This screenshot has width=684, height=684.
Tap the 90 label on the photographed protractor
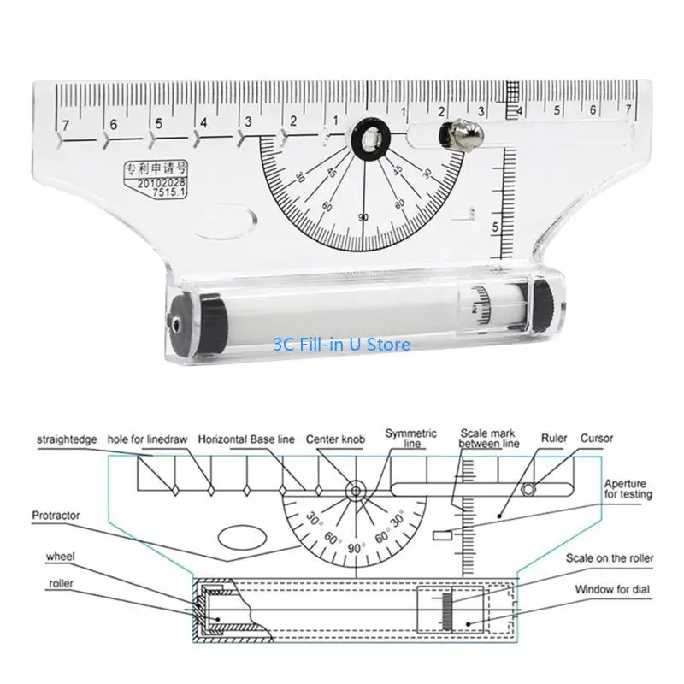click(x=364, y=217)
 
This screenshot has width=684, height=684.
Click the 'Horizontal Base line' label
click(x=246, y=439)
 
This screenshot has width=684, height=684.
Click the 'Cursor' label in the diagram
click(x=598, y=439)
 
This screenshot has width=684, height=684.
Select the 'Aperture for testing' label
click(x=628, y=488)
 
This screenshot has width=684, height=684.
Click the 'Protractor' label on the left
click(x=56, y=516)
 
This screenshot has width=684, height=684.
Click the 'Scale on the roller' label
click(x=610, y=558)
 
